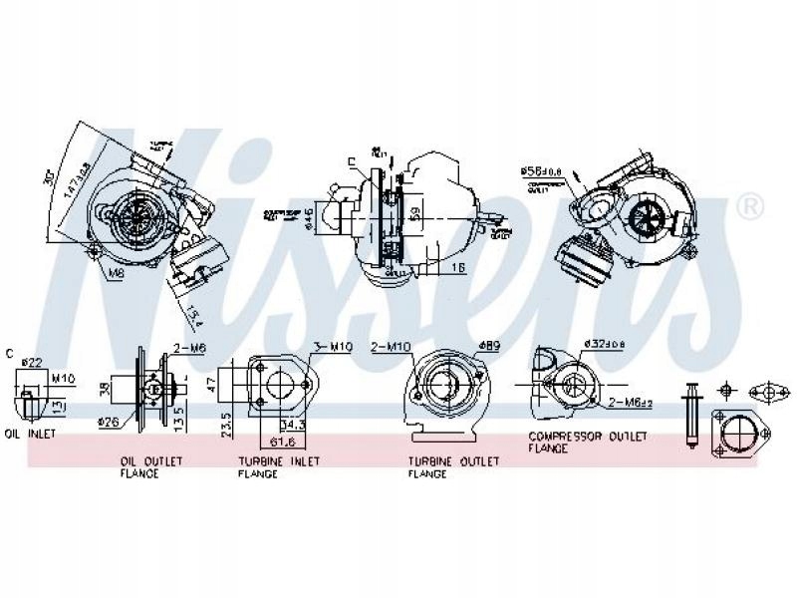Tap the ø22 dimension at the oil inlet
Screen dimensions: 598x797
pos(31,361)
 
